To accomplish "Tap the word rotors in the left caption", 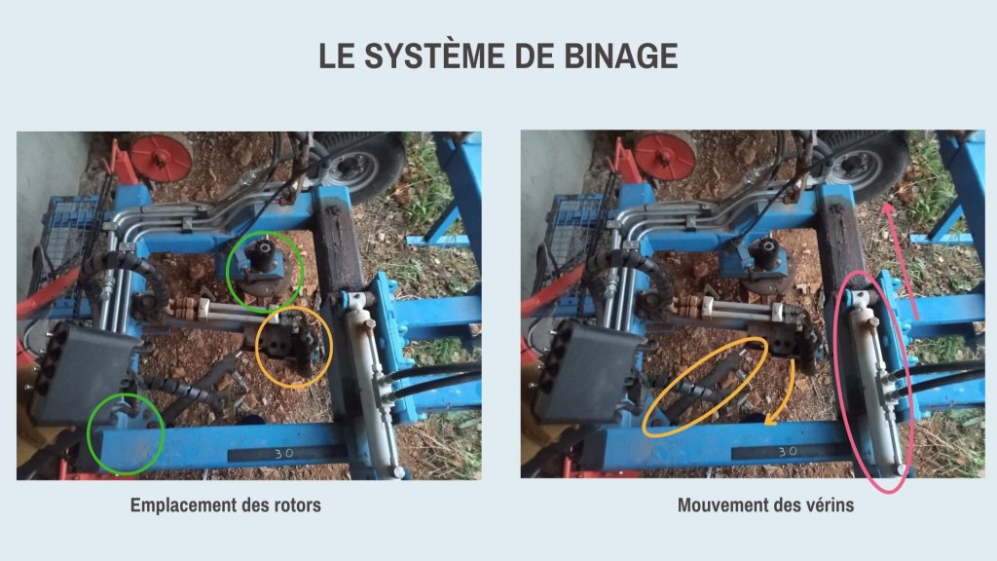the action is [x=297, y=505].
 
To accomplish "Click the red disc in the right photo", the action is [x=665, y=157].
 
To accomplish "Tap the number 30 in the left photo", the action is [x=283, y=454].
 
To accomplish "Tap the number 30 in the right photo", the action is [x=788, y=451].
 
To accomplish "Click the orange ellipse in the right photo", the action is [x=705, y=387].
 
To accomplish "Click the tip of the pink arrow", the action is [x=884, y=204].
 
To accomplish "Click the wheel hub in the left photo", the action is [x=349, y=166].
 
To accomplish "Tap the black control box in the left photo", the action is [x=86, y=373].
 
